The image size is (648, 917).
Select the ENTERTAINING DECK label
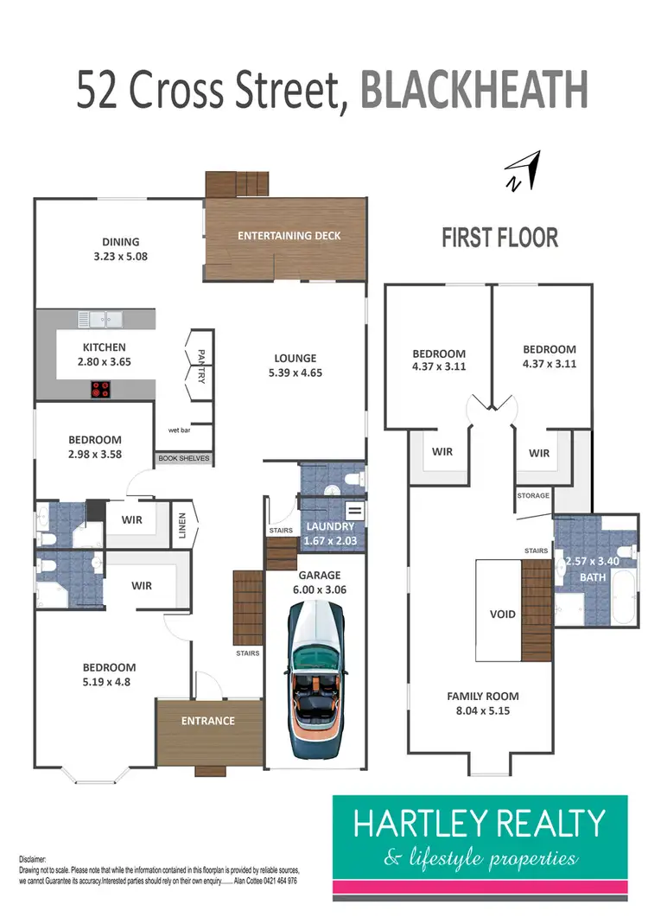pyautogui.click(x=289, y=235)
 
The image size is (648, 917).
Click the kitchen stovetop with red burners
pyautogui.click(x=100, y=389)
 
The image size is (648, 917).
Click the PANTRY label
pyautogui.click(x=200, y=366)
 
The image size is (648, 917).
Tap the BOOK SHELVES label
pyautogui.click(x=183, y=458)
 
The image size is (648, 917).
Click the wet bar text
pyautogui.click(x=179, y=430)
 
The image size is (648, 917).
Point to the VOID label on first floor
pyautogui.click(x=503, y=615)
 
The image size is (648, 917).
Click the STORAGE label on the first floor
pyautogui.click(x=533, y=495)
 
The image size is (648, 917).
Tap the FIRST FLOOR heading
pyautogui.click(x=499, y=238)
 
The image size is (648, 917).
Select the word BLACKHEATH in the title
pyautogui.click(x=474, y=90)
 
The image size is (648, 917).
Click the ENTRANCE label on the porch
pyautogui.click(x=207, y=721)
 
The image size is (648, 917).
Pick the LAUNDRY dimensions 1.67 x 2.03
pyautogui.click(x=328, y=542)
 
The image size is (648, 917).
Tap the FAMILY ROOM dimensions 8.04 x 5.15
pyautogui.click(x=482, y=711)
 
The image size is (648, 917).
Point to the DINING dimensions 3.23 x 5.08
pyautogui.click(x=118, y=256)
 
